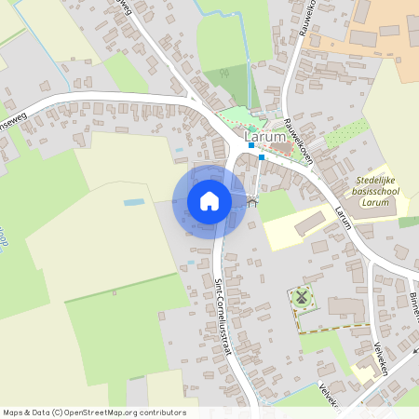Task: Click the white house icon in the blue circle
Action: [209, 201]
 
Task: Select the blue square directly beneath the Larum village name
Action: [251, 146]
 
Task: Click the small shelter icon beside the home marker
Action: [251, 201]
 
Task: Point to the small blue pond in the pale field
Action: [134, 202]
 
